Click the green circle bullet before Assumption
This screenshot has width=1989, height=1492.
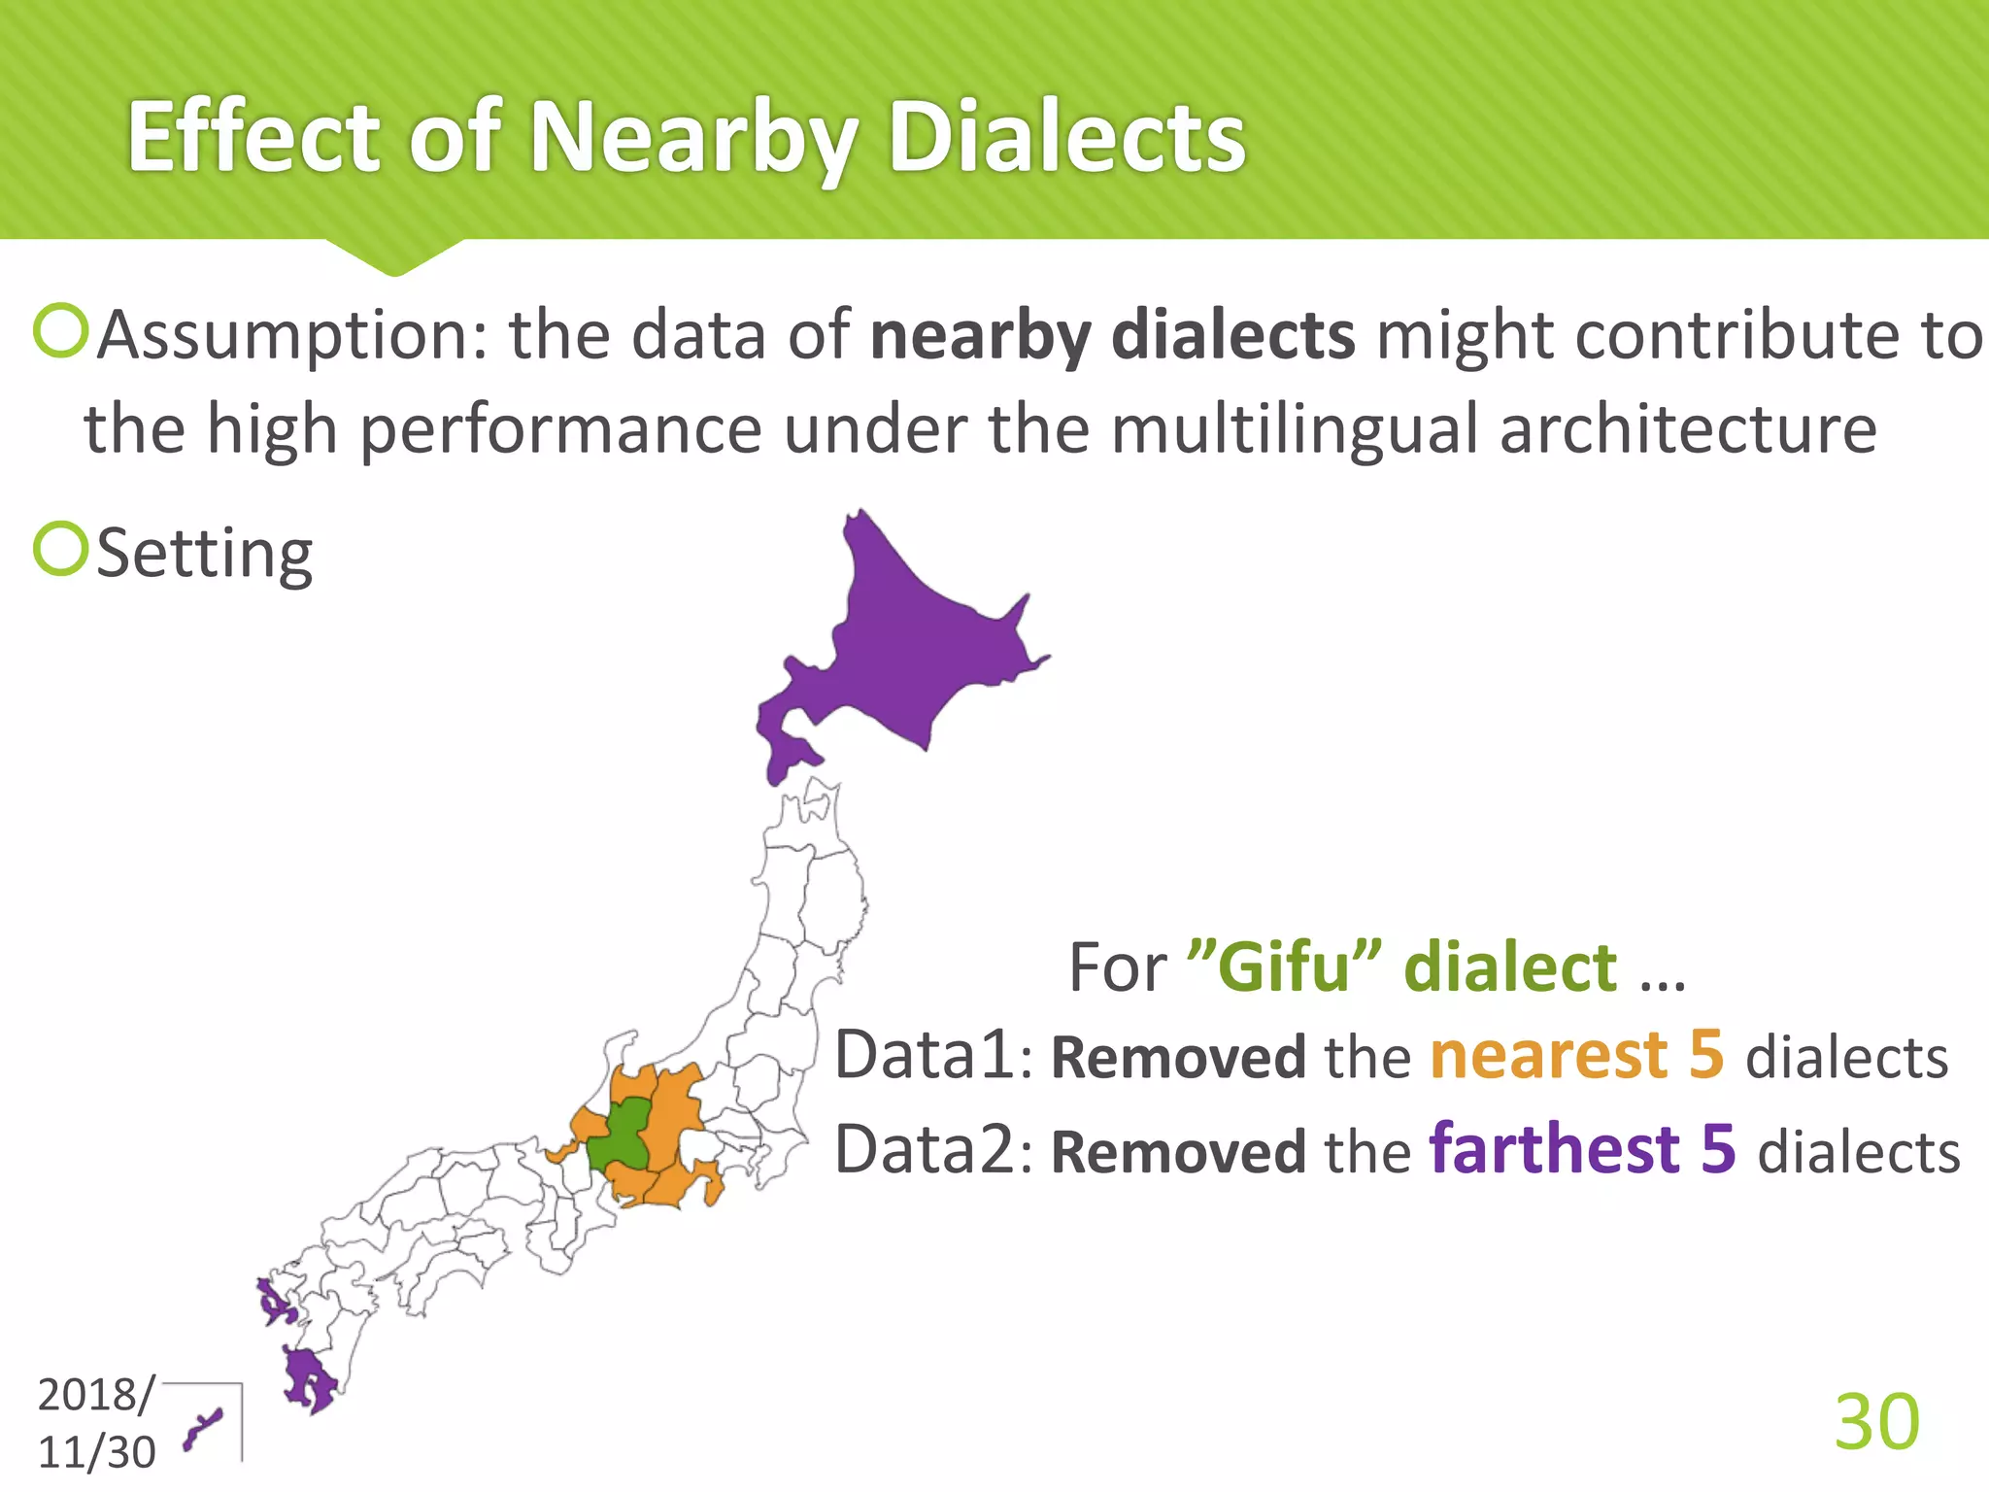[x=61, y=331]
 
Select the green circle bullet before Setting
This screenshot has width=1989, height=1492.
[x=61, y=549]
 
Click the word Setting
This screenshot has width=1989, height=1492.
[x=205, y=553]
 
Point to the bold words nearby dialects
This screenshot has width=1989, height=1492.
[x=1111, y=335]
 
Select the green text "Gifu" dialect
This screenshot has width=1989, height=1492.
[x=1402, y=967]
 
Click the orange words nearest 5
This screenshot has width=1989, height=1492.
[x=1576, y=1055]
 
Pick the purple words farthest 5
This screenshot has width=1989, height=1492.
[x=1581, y=1148]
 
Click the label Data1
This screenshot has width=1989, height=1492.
[x=925, y=1055]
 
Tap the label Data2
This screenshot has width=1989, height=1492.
[x=925, y=1148]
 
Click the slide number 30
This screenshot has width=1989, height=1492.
[x=1875, y=1422]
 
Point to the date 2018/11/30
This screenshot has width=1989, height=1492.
[x=95, y=1423]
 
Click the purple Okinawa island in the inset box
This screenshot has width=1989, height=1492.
[x=204, y=1430]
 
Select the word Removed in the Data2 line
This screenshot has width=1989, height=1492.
[x=1178, y=1152]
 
